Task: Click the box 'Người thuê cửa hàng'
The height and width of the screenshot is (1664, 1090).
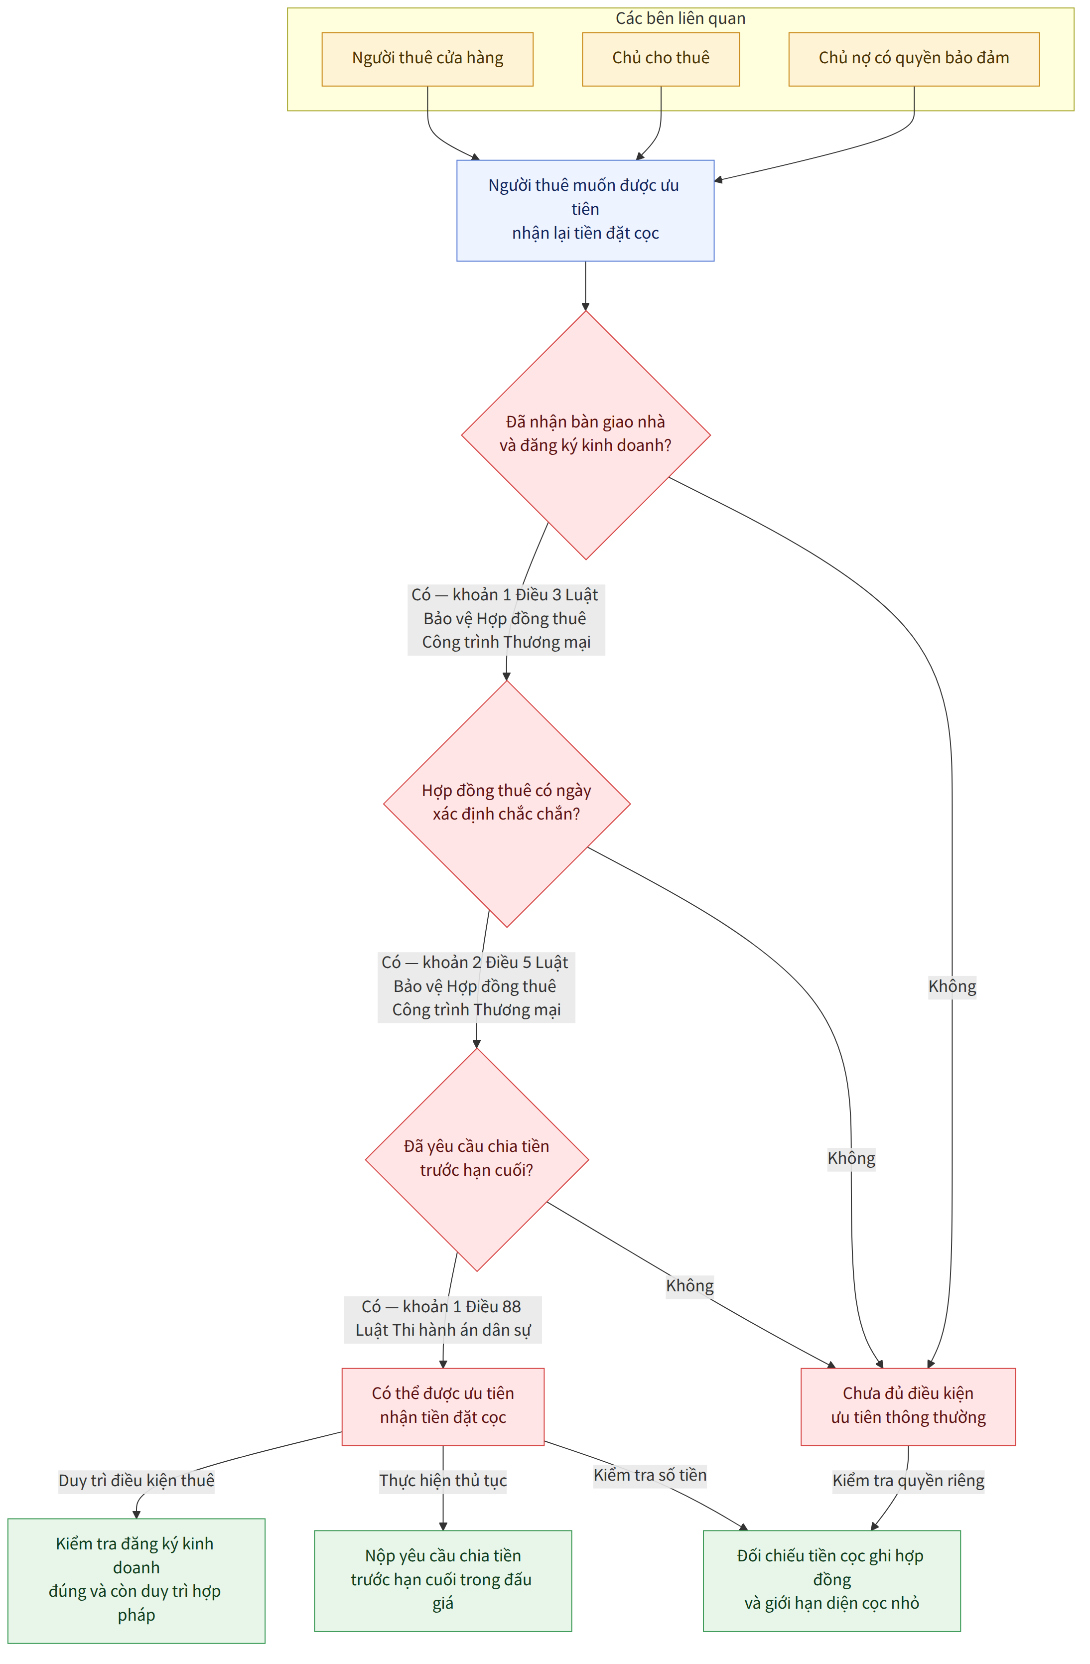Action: tap(427, 59)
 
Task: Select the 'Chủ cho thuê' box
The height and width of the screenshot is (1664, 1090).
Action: tap(661, 59)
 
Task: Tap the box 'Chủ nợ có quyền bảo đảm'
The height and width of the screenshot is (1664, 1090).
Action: tap(914, 59)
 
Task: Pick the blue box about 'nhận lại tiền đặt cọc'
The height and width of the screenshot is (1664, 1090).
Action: tap(585, 210)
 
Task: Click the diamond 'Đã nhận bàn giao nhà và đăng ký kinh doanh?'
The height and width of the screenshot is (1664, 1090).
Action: tap(586, 435)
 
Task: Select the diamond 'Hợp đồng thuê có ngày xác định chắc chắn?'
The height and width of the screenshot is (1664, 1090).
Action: tap(507, 804)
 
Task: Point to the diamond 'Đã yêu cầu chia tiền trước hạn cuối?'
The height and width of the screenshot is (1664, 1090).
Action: tap(477, 1160)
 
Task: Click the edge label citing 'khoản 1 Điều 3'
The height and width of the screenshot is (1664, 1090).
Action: tap(506, 619)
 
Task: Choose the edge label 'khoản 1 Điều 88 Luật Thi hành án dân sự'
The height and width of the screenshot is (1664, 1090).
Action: tap(442, 1319)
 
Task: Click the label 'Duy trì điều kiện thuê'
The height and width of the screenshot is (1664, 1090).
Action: tap(136, 1481)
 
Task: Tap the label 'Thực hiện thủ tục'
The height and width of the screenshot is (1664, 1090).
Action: tap(442, 1481)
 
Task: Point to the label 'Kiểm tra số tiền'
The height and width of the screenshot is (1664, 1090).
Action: tap(650, 1475)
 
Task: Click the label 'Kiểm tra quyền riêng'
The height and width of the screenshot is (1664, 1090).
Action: tap(908, 1481)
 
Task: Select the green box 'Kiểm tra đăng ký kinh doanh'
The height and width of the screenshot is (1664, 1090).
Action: tap(136, 1581)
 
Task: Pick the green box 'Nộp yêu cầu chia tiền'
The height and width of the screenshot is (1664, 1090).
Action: tap(442, 1581)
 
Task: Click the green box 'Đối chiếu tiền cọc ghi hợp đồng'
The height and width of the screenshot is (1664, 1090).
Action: tap(831, 1581)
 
